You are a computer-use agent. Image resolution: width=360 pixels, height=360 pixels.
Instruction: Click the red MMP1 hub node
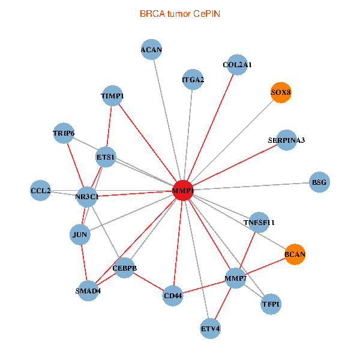182,191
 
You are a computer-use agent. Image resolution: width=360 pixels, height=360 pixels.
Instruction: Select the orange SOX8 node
281,93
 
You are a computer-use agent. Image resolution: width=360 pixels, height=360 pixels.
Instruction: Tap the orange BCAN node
295,254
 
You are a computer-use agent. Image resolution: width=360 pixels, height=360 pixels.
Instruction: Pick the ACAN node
151,50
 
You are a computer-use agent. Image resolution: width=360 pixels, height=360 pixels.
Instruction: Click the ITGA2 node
193,79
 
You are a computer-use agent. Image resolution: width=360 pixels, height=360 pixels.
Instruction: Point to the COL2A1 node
237,64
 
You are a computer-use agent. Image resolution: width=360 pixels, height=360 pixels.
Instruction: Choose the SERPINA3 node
286,140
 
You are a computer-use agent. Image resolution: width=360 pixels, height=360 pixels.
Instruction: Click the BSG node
319,182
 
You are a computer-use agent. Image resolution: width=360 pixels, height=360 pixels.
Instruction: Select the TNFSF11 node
259,223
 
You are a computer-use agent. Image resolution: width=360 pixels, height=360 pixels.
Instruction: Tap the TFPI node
271,305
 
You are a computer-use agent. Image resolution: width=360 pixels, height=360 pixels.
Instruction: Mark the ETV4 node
211,329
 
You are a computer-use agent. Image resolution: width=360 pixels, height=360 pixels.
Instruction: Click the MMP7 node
236,278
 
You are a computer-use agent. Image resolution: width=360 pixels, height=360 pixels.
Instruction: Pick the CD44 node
173,295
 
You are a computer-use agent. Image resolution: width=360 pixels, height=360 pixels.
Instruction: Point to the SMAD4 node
88,291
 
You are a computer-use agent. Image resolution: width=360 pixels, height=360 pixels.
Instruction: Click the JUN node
80,235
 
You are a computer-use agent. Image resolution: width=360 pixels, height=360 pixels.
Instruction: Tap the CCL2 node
41,191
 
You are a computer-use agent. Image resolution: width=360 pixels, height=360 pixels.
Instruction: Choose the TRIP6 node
64,133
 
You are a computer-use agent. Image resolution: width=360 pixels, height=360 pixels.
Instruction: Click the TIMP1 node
113,95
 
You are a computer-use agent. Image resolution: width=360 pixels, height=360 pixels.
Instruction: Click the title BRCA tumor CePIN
180,13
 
